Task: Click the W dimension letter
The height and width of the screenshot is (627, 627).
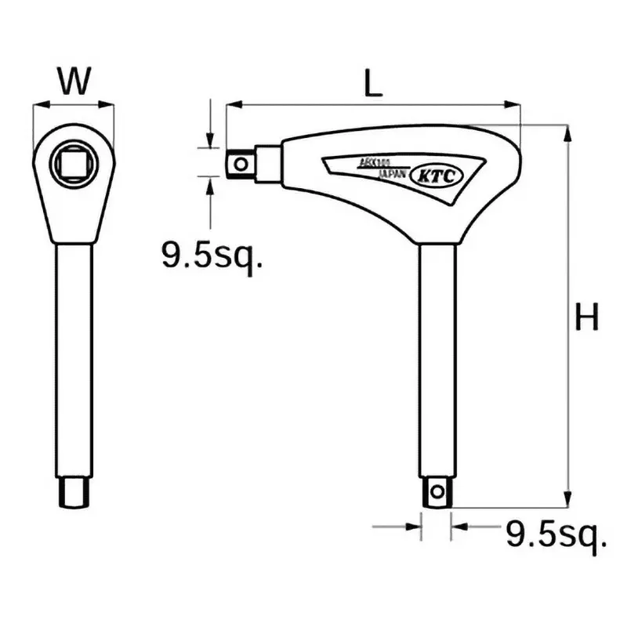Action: click(x=74, y=80)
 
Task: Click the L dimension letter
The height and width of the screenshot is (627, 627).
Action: click(x=375, y=84)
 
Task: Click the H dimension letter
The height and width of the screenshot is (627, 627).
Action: click(x=585, y=318)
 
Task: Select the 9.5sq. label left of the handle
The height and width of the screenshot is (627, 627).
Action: click(x=211, y=255)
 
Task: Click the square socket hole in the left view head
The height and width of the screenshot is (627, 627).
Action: click(x=74, y=163)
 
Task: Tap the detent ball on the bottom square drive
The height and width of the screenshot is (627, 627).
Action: click(x=437, y=492)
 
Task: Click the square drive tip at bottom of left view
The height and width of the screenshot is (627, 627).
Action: click(x=74, y=493)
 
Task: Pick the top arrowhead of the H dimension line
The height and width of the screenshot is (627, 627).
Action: click(x=567, y=132)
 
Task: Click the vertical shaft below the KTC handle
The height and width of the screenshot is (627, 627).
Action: click(x=437, y=353)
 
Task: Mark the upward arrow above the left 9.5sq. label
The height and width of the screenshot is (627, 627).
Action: click(x=209, y=183)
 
